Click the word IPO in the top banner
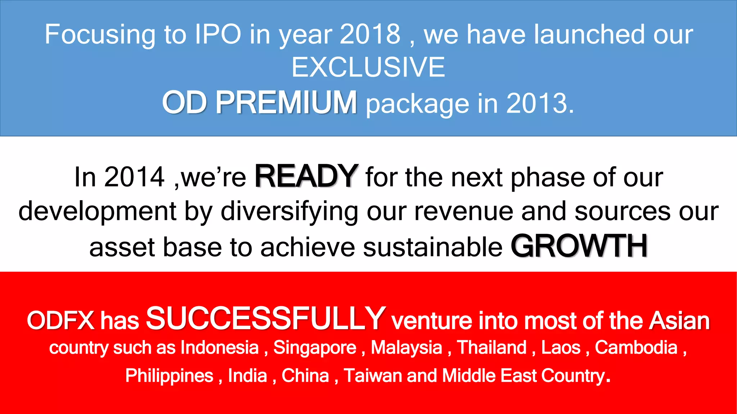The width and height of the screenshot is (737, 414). coord(218,34)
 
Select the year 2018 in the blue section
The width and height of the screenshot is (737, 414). coord(370,34)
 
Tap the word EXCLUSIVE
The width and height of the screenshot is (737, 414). coord(368,67)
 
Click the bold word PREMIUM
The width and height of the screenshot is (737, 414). coord(286,103)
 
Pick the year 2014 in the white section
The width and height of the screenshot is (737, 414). coord(134,177)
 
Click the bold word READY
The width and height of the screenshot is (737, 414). coord(306,176)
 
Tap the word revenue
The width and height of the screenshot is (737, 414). coord(464,212)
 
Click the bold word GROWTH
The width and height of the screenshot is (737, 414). coord(579,247)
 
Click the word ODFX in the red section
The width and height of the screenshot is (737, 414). coord(60,321)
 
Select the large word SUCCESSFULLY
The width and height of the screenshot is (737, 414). coord(266,318)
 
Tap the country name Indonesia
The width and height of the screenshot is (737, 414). coord(220,348)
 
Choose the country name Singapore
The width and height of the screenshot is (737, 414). coord(315,348)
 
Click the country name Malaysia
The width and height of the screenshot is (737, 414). coord(406,348)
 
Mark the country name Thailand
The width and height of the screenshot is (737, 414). coord(492,348)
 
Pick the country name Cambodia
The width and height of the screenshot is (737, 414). coord(636,348)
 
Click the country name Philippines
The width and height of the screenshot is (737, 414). coord(169,376)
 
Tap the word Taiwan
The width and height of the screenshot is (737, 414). coord(372,376)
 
